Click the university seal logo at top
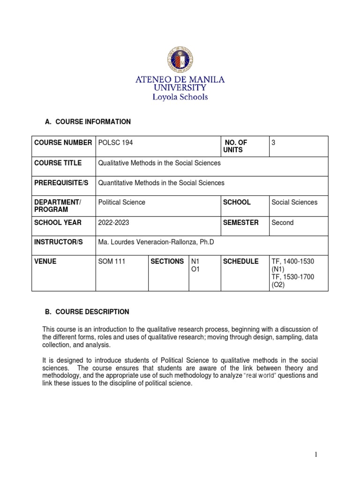tap(180, 60)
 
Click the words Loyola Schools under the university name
tap(180, 97)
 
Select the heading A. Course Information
tap(88, 122)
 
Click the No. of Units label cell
tap(236, 146)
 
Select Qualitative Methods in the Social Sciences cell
tap(159, 163)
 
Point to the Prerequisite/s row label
tap(60, 183)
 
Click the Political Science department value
tap(122, 202)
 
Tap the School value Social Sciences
tap(294, 202)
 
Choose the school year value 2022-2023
tap(114, 223)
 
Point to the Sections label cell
tap(167, 262)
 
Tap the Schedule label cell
tap(240, 262)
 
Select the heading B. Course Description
tap(87, 312)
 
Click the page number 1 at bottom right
tap(330, 454)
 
